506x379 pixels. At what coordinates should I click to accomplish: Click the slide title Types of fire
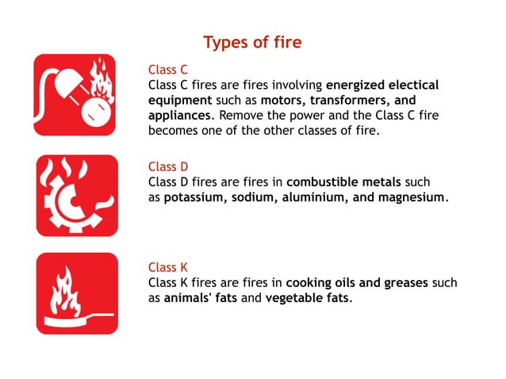252,42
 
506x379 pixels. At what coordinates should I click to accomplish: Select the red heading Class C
168,70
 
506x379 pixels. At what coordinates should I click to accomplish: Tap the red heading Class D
168,167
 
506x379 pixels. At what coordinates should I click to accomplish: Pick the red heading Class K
168,267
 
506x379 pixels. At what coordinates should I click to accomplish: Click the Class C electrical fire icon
75,94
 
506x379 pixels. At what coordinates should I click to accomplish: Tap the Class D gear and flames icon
75,195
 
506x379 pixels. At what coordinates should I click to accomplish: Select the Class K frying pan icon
75,293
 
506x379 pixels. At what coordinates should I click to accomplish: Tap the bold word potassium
195,197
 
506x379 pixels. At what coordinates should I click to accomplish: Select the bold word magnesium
408,197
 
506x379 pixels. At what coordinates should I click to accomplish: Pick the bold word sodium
253,197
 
